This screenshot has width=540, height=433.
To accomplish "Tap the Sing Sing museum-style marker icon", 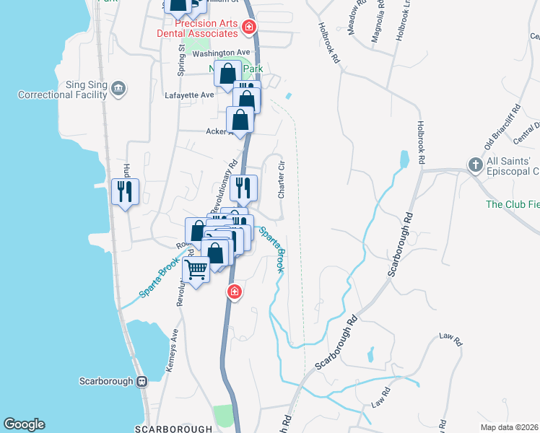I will click(119, 89).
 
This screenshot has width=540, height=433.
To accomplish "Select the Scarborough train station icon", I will click(142, 381).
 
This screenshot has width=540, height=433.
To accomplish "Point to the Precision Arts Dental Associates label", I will click(198, 29).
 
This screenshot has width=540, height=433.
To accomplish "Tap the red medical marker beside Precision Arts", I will click(249, 27).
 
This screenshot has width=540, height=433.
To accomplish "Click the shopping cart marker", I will click(197, 271).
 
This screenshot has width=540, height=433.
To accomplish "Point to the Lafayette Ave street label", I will click(189, 95).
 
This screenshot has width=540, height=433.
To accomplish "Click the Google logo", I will click(24, 424).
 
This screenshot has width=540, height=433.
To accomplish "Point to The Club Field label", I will click(512, 204).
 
